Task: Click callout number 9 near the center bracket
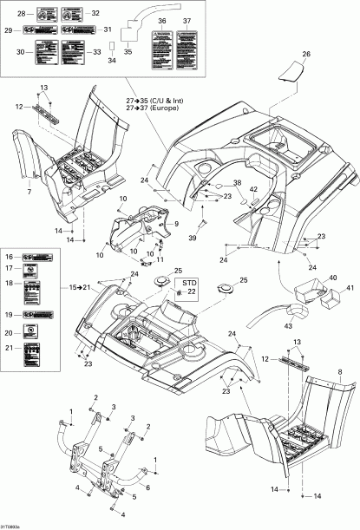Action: coord(175,224)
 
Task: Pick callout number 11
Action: coord(159,259)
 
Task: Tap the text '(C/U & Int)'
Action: coord(163,102)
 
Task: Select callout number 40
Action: coord(331,278)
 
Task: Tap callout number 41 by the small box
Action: coord(349,289)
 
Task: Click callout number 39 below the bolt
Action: coord(192,238)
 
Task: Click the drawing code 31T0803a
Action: coord(14,524)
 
